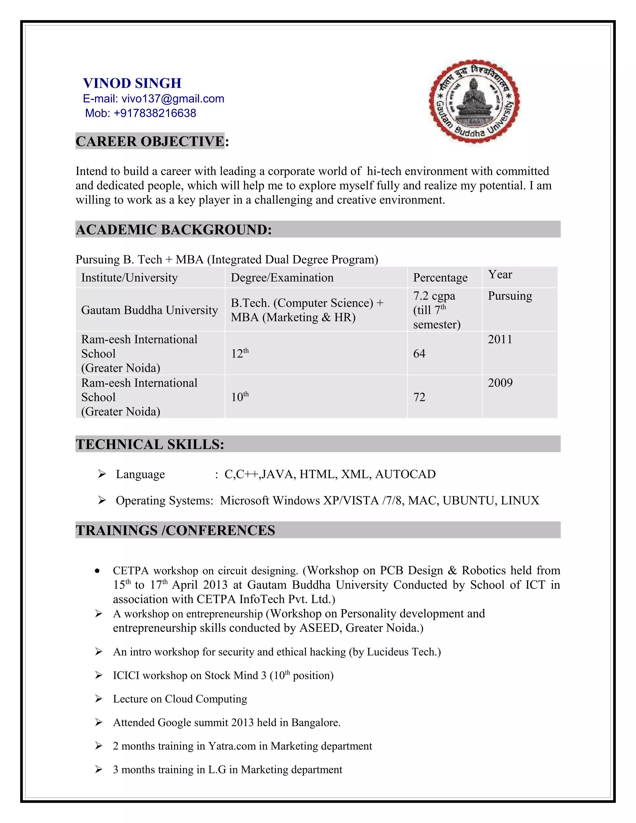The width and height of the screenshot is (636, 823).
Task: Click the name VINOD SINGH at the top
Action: coord(132,83)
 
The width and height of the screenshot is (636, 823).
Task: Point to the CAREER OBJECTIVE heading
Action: coord(150,141)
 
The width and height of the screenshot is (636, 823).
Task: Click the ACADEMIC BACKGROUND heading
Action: coord(173,230)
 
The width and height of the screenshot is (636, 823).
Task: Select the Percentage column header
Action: coord(440,278)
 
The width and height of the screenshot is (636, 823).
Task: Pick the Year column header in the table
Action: coord(500,275)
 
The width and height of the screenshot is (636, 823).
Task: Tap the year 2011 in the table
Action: coord(500,339)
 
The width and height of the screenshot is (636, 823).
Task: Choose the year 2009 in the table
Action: coord(500,383)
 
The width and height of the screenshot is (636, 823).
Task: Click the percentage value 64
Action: coord(419,354)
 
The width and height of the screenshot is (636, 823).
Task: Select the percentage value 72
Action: coord(419,397)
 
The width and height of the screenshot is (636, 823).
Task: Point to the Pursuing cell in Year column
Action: coord(510,296)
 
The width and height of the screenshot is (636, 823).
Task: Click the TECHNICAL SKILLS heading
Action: coord(150,444)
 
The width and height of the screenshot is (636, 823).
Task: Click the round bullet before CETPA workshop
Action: coord(98,571)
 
